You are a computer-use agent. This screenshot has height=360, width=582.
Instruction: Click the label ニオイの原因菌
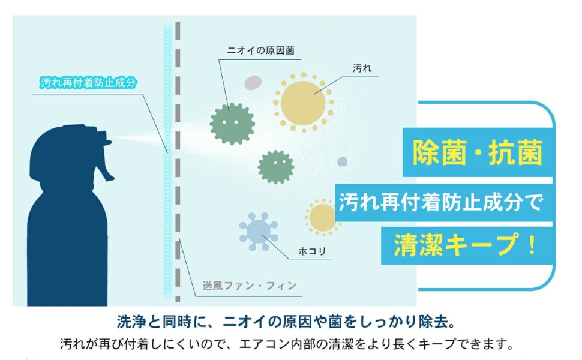point(260,52)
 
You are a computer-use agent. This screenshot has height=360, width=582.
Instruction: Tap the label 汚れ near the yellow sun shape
point(362,69)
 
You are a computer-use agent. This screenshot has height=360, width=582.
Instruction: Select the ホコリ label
point(312,251)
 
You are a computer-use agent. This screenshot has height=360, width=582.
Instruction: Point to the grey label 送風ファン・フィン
point(250,286)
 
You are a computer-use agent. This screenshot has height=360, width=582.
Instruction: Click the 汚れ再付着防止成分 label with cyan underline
point(88,83)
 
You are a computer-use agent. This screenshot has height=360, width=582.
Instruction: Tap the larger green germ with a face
point(232,123)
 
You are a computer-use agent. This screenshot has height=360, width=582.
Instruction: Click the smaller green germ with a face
point(275,167)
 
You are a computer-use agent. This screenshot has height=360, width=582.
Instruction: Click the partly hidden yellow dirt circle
point(321,217)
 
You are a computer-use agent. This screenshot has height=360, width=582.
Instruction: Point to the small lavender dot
point(342,161)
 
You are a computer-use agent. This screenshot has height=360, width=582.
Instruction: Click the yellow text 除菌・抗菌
point(478,152)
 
